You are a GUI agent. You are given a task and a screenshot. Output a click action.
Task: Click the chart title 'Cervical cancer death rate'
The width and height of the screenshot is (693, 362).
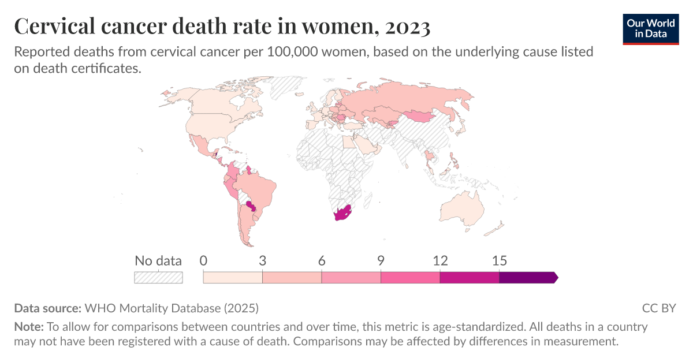(222, 26)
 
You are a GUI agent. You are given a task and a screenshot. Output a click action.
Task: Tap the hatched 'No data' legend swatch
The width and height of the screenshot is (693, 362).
(158, 278)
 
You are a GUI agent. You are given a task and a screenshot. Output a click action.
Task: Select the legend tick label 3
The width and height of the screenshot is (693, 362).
(262, 260)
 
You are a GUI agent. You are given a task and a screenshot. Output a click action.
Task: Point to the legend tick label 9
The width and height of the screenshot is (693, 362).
(381, 260)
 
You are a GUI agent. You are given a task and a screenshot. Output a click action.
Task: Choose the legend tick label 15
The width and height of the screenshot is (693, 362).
(499, 260)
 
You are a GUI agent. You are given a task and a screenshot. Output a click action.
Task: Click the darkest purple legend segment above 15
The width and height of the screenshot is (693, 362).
(527, 278)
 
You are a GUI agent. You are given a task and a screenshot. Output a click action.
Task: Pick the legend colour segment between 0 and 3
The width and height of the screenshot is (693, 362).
(233, 278)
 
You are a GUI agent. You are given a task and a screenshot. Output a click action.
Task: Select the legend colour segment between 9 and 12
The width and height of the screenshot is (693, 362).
(410, 278)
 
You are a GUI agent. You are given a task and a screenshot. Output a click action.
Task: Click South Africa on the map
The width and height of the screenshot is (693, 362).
(342, 214)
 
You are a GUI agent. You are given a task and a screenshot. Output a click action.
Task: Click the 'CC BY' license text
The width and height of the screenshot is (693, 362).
(658, 308)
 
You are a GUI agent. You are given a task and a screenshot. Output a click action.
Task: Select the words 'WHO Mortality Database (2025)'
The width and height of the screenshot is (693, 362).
(172, 308)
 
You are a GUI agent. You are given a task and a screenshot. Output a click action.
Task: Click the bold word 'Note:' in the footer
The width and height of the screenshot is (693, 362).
(29, 327)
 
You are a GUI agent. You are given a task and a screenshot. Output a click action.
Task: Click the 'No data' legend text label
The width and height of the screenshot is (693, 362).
(158, 260)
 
